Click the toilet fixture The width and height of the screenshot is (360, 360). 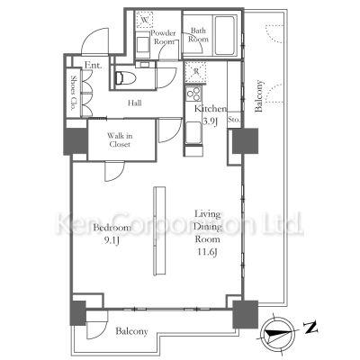[x=125, y=77]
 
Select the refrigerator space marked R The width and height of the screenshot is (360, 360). [x=195, y=72]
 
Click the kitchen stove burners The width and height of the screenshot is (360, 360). [x=193, y=94]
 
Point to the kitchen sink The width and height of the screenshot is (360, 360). [x=193, y=132]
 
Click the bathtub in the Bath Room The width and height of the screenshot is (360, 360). [x=224, y=35]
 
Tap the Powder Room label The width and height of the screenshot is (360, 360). [x=164, y=37]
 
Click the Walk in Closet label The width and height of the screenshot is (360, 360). [x=120, y=140]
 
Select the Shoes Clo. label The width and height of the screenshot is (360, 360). [x=73, y=92]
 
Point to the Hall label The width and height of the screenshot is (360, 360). [x=135, y=103]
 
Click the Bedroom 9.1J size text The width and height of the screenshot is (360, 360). [x=111, y=241]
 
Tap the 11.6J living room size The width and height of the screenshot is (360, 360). [x=207, y=252]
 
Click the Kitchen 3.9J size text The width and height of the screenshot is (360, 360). [x=211, y=121]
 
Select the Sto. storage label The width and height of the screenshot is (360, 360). [x=234, y=120]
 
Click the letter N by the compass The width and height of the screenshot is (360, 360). [x=310, y=328]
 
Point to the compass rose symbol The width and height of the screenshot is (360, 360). [x=277, y=333]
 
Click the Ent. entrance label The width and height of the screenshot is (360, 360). [x=93, y=65]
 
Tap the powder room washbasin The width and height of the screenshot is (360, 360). [x=143, y=45]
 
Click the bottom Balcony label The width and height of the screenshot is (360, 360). [x=131, y=331]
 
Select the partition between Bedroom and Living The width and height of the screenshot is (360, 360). [x=159, y=231]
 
